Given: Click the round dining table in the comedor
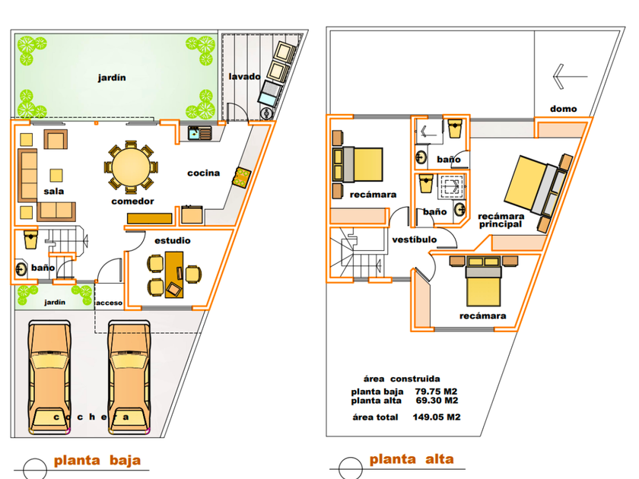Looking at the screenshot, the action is tap(131, 167).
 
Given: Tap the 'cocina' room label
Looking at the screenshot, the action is tap(203, 173).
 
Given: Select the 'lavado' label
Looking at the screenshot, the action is tap(244, 77).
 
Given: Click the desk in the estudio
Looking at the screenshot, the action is tap(174, 275).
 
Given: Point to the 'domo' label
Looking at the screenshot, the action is tap(563, 109).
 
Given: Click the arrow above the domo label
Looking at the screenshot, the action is tap(570, 76).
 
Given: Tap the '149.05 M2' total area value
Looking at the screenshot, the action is tap(437, 417).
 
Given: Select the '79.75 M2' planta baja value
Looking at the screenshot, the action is tap(436, 392).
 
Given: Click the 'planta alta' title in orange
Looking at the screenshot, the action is tap(412, 459).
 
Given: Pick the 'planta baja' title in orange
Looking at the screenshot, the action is tap(97, 460).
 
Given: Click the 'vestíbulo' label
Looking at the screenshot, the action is tap(414, 240).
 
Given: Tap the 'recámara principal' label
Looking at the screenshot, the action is tap(501, 220).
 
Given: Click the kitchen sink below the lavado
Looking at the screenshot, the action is tap(199, 133).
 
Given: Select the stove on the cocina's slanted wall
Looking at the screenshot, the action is tap(241, 178).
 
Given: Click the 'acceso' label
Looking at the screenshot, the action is tap(110, 303).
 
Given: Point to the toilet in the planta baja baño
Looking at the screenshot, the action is tap(30, 239).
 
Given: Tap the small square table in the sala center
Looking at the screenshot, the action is tap(56, 176).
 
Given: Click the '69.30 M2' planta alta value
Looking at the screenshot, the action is tap(437, 401).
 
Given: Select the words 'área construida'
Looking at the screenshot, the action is tap(402, 379).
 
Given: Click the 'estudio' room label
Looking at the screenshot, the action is tap(173, 241).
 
